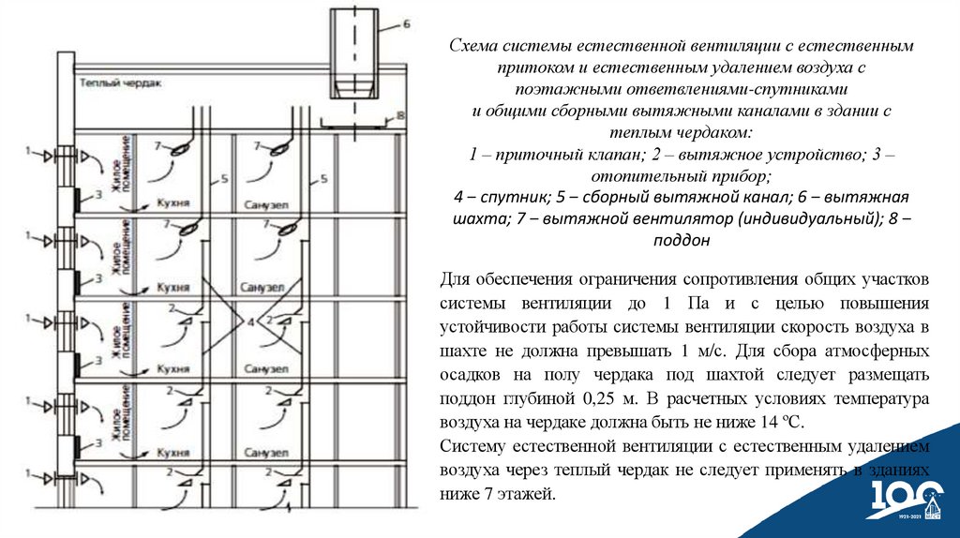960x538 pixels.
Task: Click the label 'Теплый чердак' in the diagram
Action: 120,83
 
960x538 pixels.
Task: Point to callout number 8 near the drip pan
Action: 399,115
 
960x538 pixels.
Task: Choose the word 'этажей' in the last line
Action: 531,493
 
